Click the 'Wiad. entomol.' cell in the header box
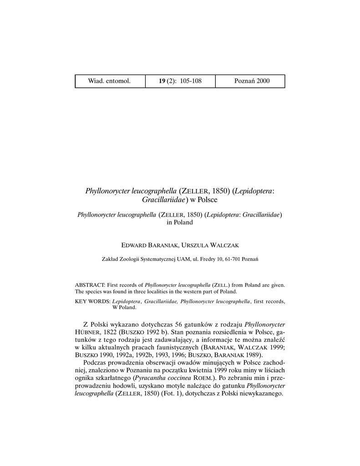(109, 81)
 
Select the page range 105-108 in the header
(191, 81)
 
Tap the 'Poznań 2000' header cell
(252, 81)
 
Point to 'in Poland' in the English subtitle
(180, 223)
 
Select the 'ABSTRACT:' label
(90, 284)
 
